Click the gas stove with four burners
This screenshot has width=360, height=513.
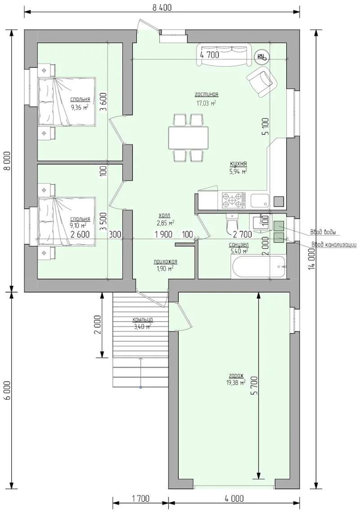(x=234, y=200)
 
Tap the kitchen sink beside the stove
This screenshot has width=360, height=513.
(x=260, y=200)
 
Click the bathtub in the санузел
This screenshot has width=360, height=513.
(x=259, y=267)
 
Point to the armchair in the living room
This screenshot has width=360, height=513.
(x=262, y=82)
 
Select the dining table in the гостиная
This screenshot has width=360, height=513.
(x=188, y=137)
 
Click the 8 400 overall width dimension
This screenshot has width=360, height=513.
(x=162, y=7)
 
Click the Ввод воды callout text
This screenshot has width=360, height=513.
(x=324, y=232)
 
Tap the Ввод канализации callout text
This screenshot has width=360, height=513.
(x=334, y=245)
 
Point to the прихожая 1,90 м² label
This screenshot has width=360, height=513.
(x=166, y=265)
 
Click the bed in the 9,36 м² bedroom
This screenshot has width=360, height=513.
(x=67, y=101)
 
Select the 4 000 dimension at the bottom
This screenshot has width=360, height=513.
(x=234, y=498)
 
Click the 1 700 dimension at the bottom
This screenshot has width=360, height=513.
(x=141, y=498)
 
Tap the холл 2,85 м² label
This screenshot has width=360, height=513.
(x=166, y=218)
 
